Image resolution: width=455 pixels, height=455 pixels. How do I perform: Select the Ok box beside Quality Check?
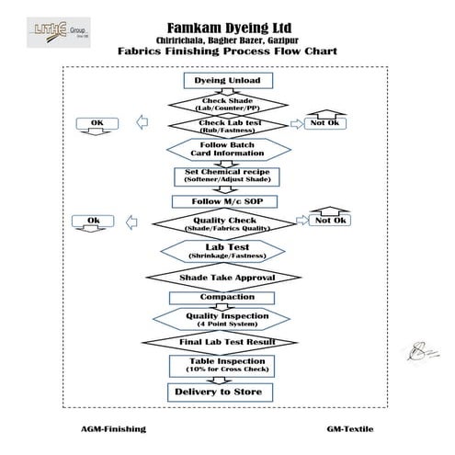click(x=93, y=221)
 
